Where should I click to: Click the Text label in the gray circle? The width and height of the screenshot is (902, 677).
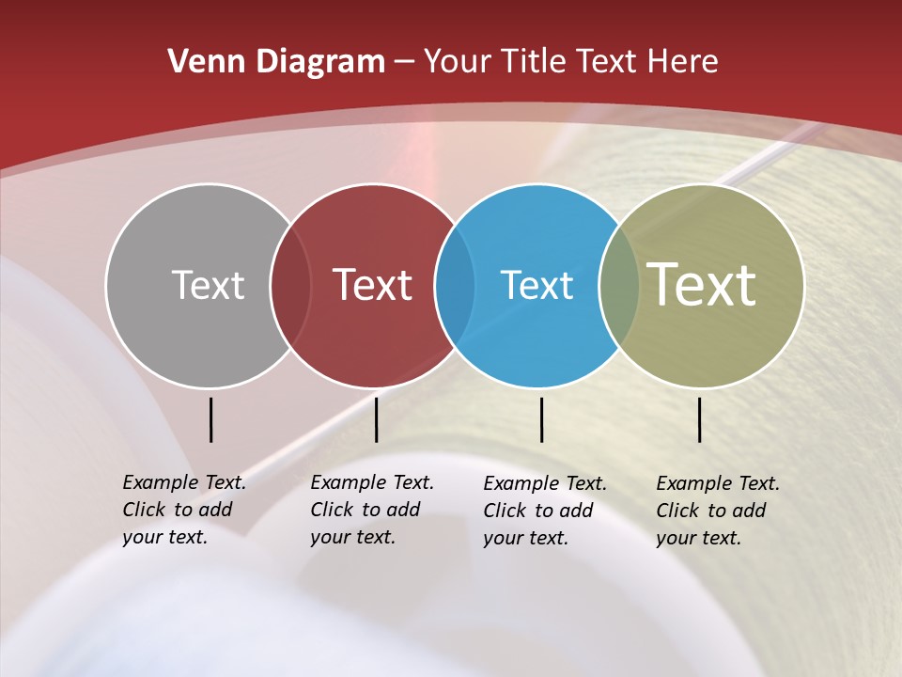pos(208,285)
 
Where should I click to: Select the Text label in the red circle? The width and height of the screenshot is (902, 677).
pos(373,285)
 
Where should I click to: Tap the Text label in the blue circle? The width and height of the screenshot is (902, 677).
pos(537,285)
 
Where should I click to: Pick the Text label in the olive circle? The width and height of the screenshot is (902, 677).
pos(702,285)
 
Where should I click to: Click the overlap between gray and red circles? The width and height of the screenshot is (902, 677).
pos(290,285)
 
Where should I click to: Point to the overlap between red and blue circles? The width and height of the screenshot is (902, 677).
pos(455,285)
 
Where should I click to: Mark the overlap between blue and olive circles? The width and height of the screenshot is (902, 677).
pos(619,285)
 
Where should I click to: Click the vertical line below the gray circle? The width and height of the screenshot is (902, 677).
pos(211,419)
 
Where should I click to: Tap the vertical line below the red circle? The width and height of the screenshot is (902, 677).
pos(376,419)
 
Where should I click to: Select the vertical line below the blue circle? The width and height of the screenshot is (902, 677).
pos(542,419)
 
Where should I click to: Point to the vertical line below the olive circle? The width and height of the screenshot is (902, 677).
pos(700,419)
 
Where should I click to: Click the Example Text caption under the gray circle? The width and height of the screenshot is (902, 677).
pos(183,510)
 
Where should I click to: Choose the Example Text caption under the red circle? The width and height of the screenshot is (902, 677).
pos(371,510)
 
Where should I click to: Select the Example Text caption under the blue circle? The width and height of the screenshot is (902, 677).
pos(544,511)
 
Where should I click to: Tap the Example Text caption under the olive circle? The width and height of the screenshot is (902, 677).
pos(717,511)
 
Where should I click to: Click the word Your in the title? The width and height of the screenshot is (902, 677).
pos(459,62)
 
